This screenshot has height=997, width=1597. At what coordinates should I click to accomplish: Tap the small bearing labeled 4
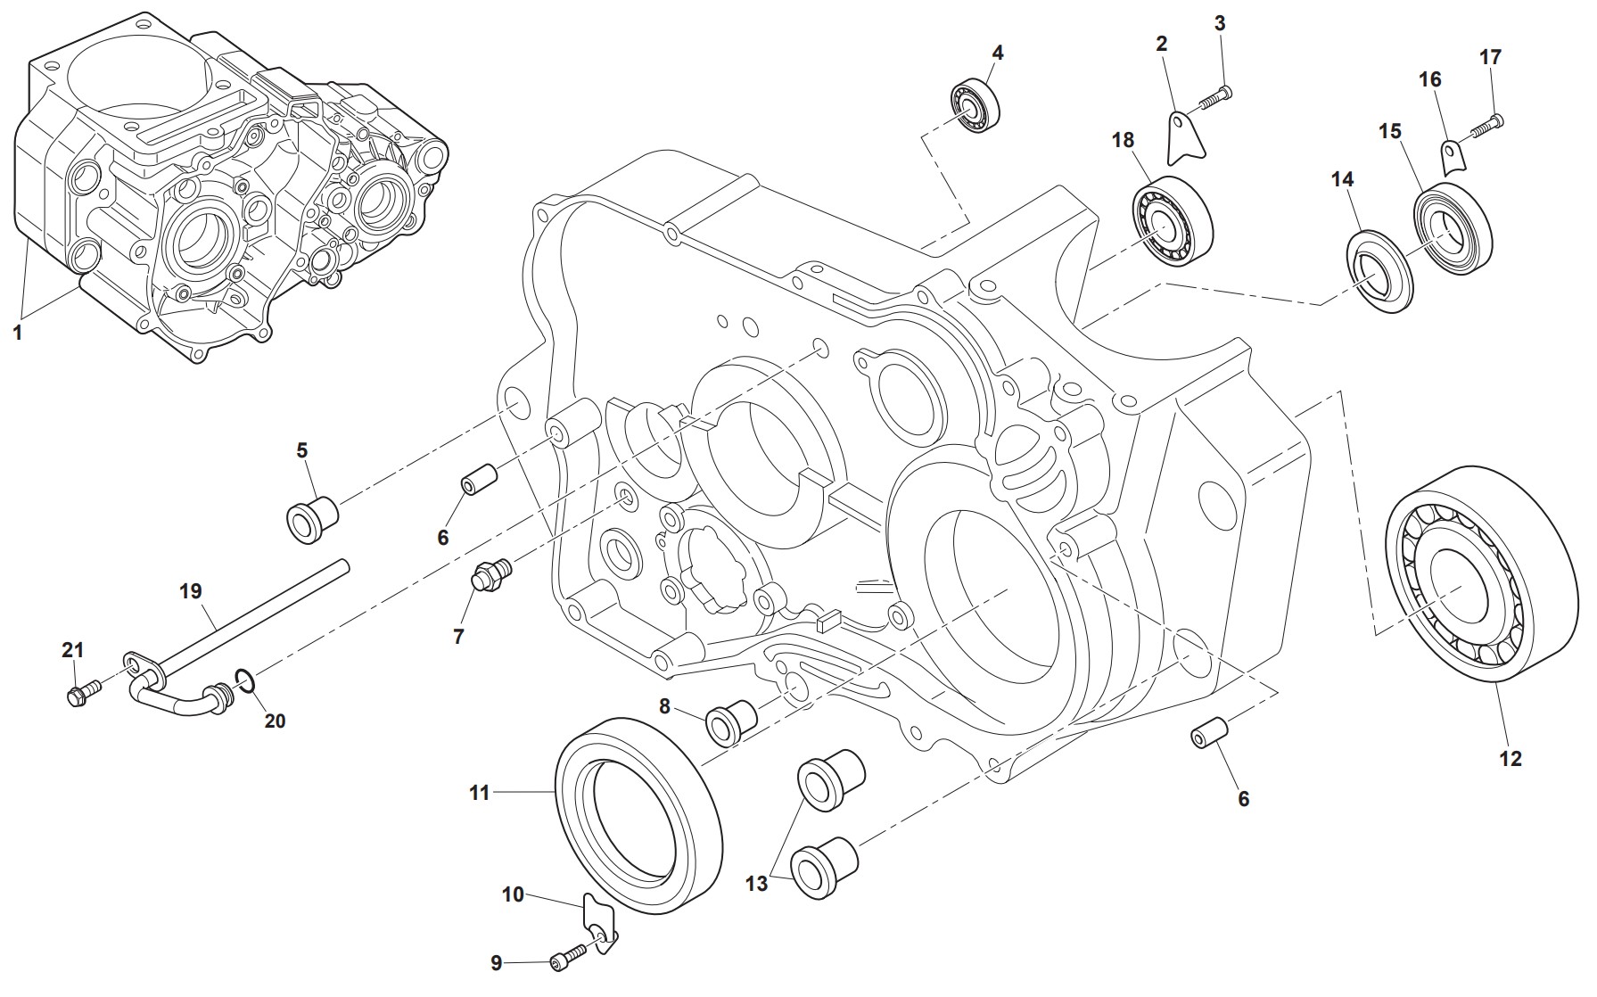click(975, 104)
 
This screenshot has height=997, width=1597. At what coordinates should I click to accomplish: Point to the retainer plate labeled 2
click(1186, 137)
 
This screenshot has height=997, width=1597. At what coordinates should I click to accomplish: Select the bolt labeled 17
click(1485, 126)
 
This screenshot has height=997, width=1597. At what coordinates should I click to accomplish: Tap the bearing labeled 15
click(1453, 226)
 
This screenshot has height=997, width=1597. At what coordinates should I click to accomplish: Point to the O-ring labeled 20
click(247, 683)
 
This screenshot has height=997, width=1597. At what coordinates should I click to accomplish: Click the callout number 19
click(190, 590)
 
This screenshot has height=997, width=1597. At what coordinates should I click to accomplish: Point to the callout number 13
click(756, 884)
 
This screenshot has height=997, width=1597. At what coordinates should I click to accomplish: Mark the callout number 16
click(1429, 79)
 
